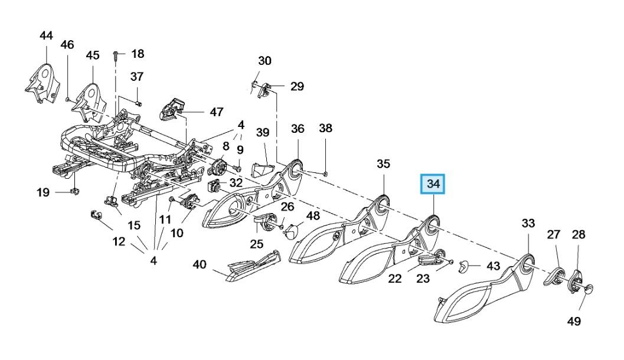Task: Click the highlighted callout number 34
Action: pos(433,185)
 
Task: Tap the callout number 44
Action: pos(46,36)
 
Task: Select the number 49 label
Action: pos(574,321)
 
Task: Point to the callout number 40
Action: pos(200,264)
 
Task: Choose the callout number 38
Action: pos(326,128)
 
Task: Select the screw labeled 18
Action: pos(116,57)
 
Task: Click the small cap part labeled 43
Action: pos(465,265)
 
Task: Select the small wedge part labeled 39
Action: pos(260,170)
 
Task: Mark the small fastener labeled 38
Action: pos(326,174)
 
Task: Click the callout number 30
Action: pos(264,60)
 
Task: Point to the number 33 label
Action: pos(528,223)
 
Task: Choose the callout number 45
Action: pos(93,55)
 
